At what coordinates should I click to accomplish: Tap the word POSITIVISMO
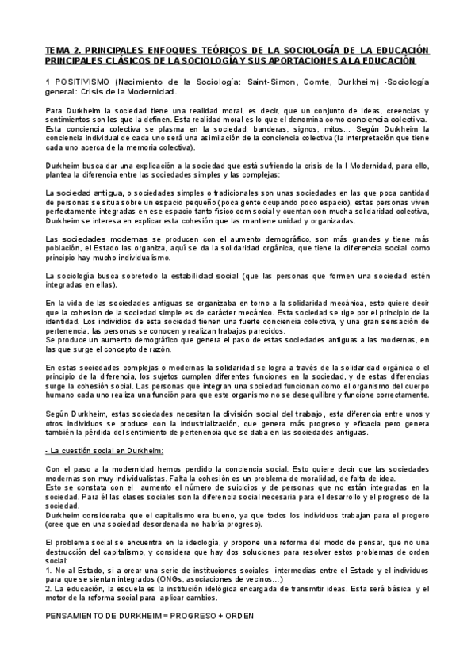[x=82, y=82]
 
